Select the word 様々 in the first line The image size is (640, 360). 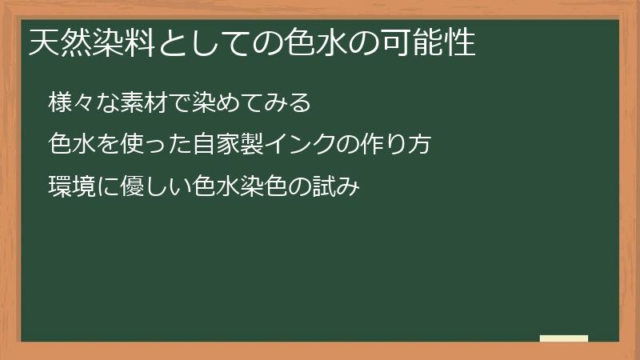(70, 103)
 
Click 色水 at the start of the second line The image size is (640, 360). (70, 145)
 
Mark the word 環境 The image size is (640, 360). (70, 187)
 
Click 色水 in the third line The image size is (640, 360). (210, 187)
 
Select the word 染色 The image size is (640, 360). (270, 187)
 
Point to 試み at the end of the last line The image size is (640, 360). (339, 187)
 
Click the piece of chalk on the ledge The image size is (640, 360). (564, 338)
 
